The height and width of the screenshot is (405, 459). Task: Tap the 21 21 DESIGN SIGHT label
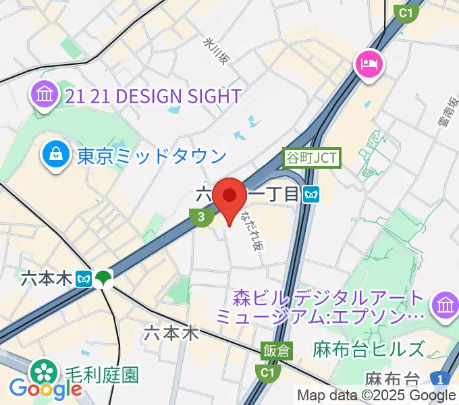click(153, 97)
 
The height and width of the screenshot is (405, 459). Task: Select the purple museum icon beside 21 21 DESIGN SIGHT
click(44, 96)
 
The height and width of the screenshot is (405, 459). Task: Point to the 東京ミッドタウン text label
click(152, 157)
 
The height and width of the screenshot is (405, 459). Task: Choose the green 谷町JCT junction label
click(312, 159)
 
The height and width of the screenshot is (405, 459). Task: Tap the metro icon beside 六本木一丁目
click(312, 194)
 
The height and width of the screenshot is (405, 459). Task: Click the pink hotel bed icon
click(371, 65)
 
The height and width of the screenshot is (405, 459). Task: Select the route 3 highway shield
click(199, 217)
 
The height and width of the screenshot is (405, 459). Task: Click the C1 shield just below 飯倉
click(267, 372)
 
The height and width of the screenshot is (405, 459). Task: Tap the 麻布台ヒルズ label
click(369, 350)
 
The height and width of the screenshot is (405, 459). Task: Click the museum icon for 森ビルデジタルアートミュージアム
click(446, 304)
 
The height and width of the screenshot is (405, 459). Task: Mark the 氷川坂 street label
click(217, 51)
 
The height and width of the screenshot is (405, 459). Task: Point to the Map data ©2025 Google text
click(377, 396)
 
